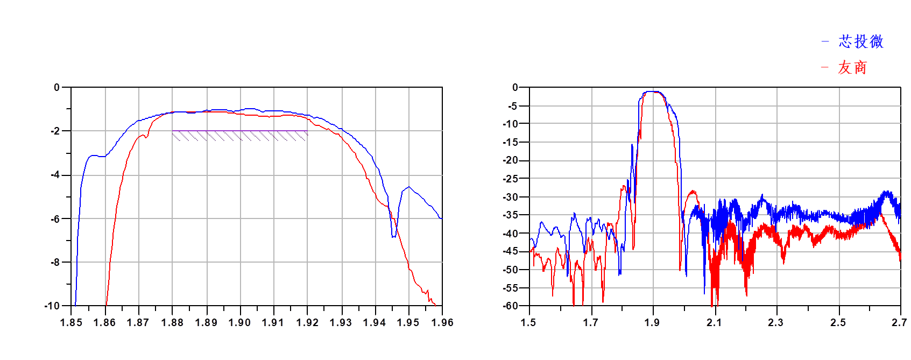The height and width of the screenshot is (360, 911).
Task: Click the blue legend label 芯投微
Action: pyautogui.click(x=860, y=42)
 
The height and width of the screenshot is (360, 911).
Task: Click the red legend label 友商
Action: pyautogui.click(x=852, y=68)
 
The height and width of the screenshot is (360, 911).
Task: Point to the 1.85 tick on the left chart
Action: pyautogui.click(x=71, y=322)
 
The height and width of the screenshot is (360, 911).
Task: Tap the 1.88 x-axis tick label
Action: pyautogui.click(x=172, y=322)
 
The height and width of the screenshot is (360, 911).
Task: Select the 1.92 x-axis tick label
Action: pyautogui.click(x=307, y=322)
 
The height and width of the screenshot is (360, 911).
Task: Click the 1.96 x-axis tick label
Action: pyautogui.click(x=442, y=322)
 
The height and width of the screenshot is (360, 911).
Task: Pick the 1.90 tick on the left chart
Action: pyautogui.click(x=239, y=322)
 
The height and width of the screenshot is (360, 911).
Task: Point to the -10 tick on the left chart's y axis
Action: pyautogui.click(x=52, y=306)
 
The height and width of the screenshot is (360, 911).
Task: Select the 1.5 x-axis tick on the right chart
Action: pyautogui.click(x=528, y=322)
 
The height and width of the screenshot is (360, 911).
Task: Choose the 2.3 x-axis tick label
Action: pyautogui.click(x=775, y=322)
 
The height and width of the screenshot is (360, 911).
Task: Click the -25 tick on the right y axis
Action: pyautogui.click(x=511, y=178)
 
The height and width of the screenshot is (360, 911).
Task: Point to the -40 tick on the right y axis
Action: pyautogui.click(x=511, y=234)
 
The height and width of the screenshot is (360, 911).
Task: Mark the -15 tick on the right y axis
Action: pyautogui.click(x=511, y=142)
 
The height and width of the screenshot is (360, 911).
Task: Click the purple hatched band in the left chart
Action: pyautogui.click(x=239, y=136)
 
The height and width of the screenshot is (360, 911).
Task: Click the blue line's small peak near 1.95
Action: pyautogui.click(x=409, y=187)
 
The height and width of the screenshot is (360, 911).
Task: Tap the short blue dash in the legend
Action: pyautogui.click(x=825, y=42)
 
